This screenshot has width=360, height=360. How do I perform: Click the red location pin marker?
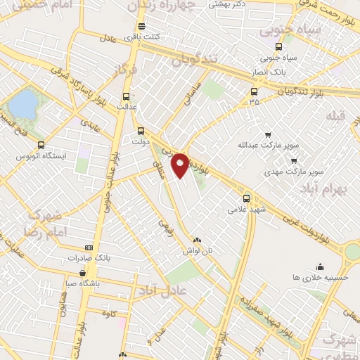[180, 165]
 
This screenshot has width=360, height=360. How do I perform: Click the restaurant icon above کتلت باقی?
[142, 27]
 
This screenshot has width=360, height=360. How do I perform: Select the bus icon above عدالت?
[127, 97]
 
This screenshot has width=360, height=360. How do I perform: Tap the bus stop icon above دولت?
[141, 131]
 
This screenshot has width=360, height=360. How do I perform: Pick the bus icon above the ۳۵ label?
[254, 91]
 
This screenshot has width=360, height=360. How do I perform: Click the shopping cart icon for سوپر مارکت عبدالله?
[268, 135]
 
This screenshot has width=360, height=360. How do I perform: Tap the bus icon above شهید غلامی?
[246, 199]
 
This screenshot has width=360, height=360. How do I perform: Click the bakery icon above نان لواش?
[197, 240]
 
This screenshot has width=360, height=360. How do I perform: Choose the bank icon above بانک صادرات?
[89, 247]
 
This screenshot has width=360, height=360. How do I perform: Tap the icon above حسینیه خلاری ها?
[321, 266]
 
